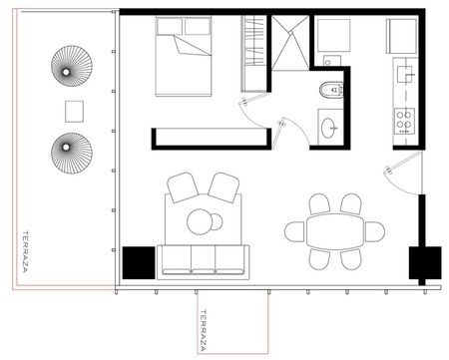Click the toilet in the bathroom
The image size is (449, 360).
coord(331,90)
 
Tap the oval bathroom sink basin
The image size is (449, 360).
coord(329,128)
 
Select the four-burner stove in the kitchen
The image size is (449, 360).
coord(404,121)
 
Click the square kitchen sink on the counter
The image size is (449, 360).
coord(404,74)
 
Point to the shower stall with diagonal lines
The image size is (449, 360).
coord(290,43)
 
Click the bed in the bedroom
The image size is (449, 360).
coord(184,57)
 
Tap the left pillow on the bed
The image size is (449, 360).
coord(170,26)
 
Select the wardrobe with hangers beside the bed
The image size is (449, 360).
coord(253,54)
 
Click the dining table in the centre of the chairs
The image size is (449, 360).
coord(335,231)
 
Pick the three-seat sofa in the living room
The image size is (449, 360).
coord(203,262)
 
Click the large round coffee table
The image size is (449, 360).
coord(200,221)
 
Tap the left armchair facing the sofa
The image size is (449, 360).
coord(183,187)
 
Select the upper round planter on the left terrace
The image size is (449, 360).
coord(72,66)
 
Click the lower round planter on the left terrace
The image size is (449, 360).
coord(72,154)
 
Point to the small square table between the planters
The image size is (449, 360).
coord(74,112)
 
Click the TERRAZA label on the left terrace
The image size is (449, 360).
coord(25,251)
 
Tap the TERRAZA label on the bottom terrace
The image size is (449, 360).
coord(203,330)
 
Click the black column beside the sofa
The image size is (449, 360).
coord(139,262)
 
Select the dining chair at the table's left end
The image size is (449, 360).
coord(294,231)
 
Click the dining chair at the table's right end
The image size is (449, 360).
coord(375,231)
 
